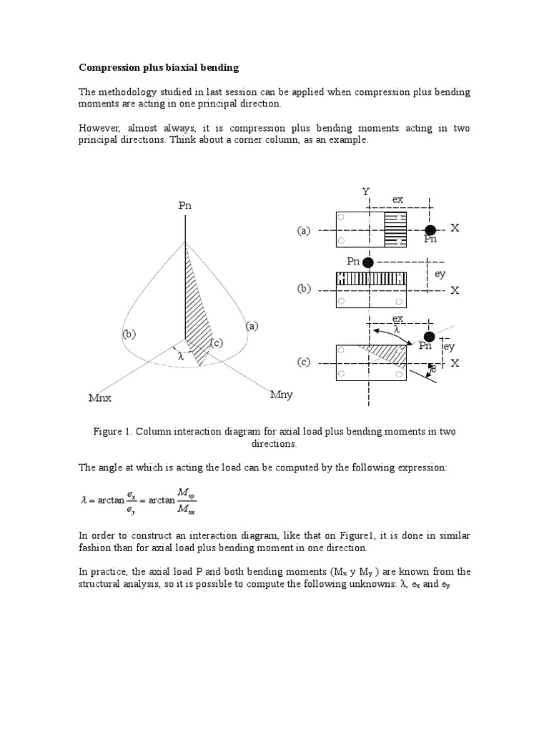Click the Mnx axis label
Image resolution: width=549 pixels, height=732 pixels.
[101, 397]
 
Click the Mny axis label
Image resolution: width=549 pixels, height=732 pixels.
[281, 395]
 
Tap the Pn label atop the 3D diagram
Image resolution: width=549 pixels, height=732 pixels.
[185, 205]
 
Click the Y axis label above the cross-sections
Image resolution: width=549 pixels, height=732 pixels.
[366, 192]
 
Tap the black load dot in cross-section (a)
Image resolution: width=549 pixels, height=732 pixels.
[430, 229]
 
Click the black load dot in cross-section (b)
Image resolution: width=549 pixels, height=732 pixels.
[368, 262]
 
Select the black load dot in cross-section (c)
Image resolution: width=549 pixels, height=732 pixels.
[428, 337]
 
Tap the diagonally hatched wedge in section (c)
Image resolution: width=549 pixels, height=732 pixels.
[383, 353]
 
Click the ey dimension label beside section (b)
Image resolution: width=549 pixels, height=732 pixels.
[440, 274]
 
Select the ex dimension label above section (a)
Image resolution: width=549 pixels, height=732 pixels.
[398, 198]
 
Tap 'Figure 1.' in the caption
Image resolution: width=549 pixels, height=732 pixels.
[113, 432]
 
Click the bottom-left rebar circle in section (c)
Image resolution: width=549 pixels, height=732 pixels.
[341, 375]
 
